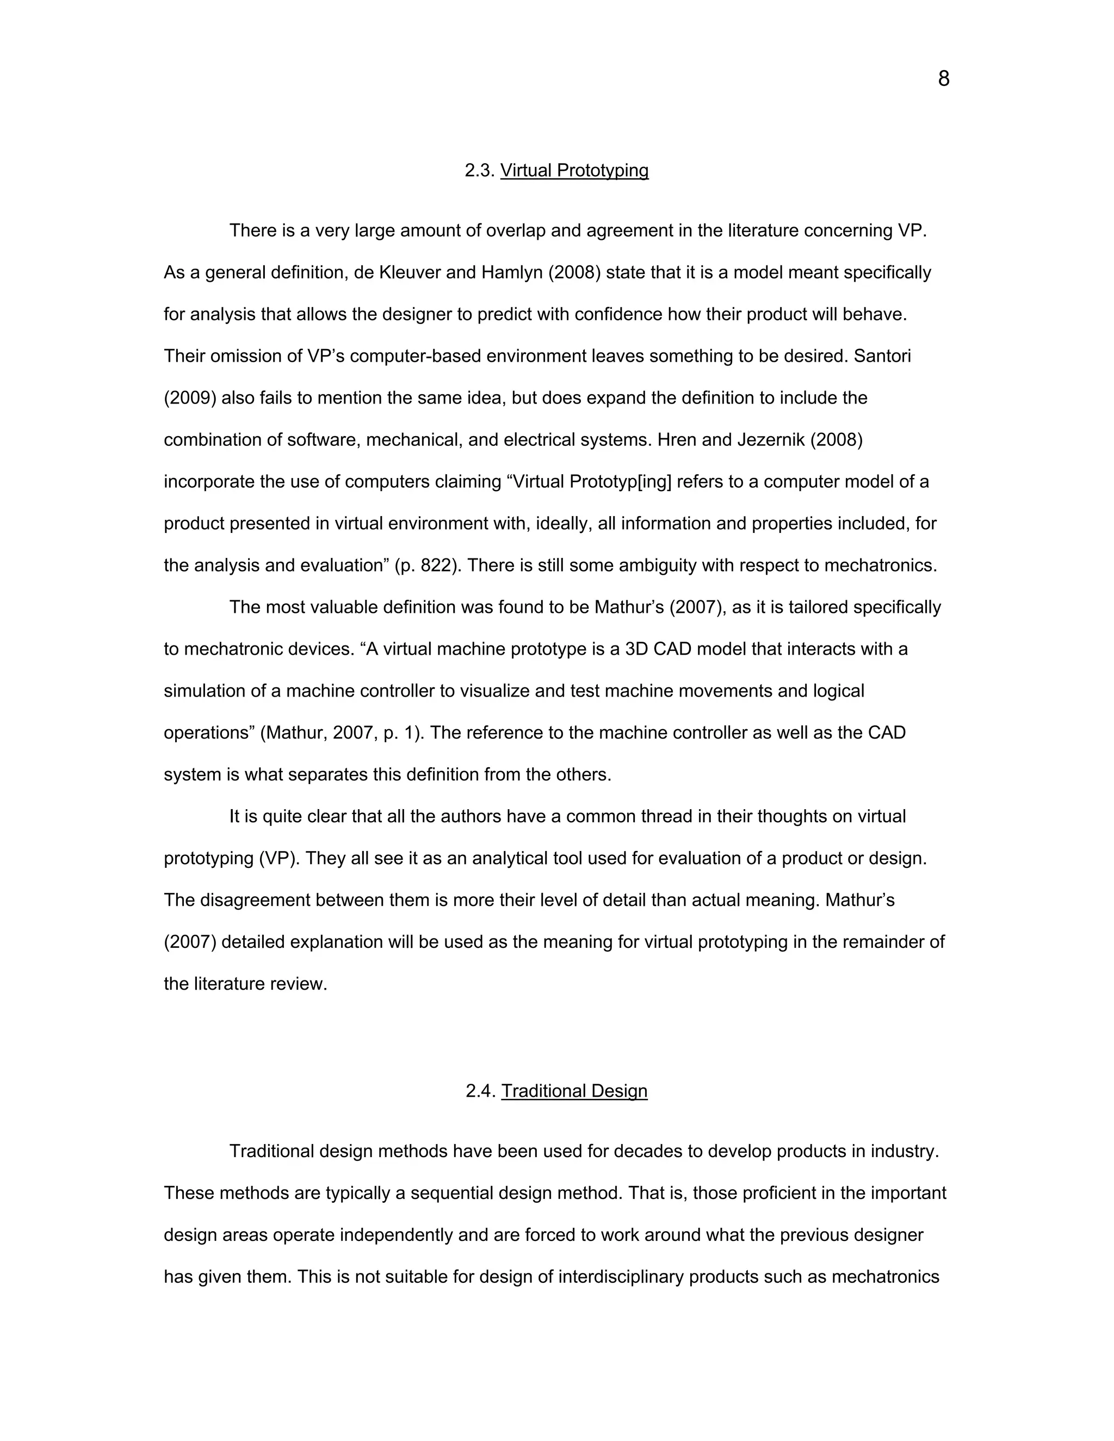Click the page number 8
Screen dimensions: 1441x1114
click(x=943, y=79)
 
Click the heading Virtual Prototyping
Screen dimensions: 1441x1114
click(x=574, y=170)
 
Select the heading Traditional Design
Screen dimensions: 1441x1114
click(x=574, y=1091)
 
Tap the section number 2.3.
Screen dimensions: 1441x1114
click(x=480, y=170)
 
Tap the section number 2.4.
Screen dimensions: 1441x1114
click(x=480, y=1091)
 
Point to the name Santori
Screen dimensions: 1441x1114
click(x=882, y=356)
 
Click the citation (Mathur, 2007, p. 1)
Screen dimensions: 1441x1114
click(x=340, y=733)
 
